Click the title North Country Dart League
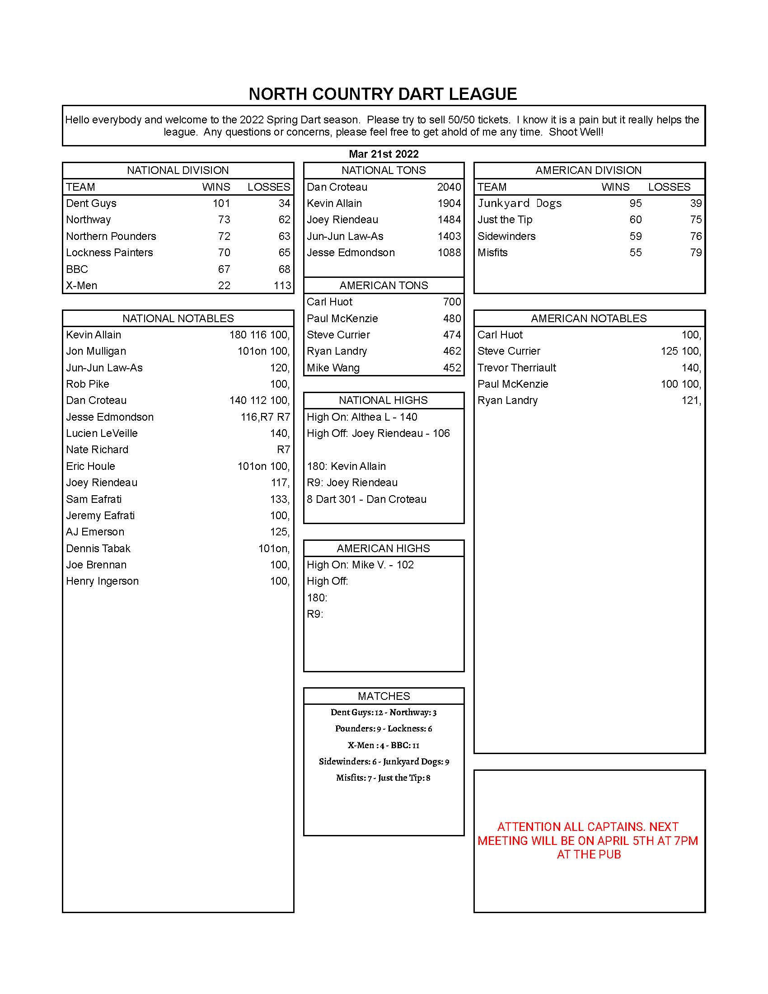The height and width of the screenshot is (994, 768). click(383, 94)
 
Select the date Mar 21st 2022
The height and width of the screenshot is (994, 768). click(384, 154)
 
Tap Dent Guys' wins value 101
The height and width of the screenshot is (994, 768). click(221, 203)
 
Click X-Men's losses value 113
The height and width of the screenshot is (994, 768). click(282, 286)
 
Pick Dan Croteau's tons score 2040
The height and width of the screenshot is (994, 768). click(449, 187)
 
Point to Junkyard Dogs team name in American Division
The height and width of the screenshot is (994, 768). click(519, 203)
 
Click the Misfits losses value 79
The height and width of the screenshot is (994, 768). click(695, 253)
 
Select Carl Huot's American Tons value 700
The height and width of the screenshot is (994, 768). click(451, 302)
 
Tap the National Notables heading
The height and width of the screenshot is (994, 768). click(178, 318)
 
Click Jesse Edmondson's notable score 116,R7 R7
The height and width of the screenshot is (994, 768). click(265, 417)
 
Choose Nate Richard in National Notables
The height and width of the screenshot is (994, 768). click(97, 450)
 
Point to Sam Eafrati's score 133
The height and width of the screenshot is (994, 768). click(279, 499)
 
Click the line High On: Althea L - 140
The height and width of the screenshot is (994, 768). click(362, 417)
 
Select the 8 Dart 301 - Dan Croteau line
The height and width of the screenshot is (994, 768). click(366, 499)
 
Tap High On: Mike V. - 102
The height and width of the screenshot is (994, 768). click(360, 565)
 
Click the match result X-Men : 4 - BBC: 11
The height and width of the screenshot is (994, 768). click(383, 745)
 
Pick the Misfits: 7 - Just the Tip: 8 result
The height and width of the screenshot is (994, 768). click(383, 778)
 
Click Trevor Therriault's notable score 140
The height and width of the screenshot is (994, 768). click(691, 368)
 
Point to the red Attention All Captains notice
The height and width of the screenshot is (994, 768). click(589, 840)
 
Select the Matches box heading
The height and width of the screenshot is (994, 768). click(384, 696)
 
